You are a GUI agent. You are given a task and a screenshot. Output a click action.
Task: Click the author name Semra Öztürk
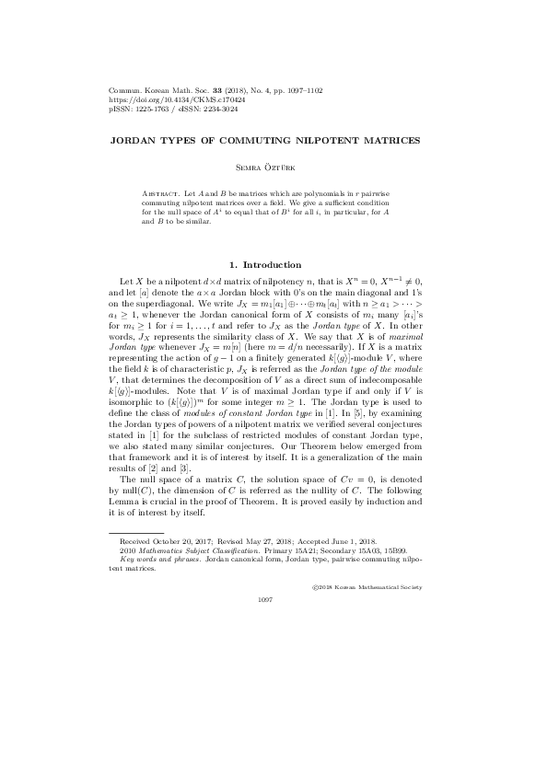coord(274,168)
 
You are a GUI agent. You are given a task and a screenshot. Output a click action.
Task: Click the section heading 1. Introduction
coord(274,264)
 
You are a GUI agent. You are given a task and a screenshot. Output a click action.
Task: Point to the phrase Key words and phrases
coord(152,560)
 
